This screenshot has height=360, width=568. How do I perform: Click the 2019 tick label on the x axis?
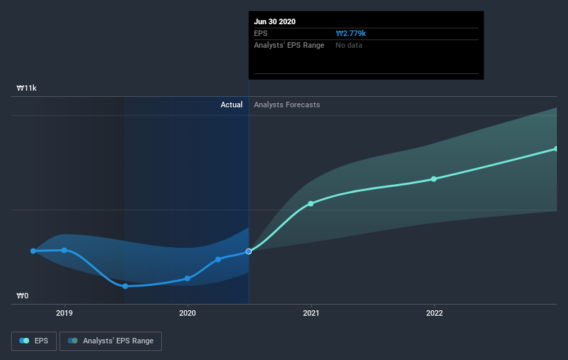pos(64,313)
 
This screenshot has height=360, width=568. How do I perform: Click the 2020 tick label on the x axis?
pos(187,313)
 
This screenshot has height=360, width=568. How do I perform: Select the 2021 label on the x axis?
pos(311,313)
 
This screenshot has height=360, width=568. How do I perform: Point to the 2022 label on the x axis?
pos(434,313)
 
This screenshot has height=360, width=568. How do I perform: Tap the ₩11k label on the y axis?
pos(27,89)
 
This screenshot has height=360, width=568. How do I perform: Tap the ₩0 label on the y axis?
pos(24,296)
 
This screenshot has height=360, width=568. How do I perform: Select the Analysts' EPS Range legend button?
pos(111,341)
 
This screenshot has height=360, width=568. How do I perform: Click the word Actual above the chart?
pos(231,105)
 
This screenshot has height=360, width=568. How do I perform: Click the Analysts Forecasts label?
pos(286,105)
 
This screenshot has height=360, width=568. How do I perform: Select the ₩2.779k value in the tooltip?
pos(351,33)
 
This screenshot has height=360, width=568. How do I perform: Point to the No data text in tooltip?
pos(349,45)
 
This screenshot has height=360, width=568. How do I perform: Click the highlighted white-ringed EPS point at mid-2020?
pos(249,251)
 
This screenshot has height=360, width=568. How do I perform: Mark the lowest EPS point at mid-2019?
pos(125,286)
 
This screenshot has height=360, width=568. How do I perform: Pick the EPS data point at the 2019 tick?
pos(64,250)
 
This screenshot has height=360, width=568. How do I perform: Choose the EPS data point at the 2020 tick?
pos(187,278)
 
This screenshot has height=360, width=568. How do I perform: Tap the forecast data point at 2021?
pos(311,204)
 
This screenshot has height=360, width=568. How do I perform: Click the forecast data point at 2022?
pos(434,179)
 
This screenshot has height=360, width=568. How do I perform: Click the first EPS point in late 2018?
pos(33,251)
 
